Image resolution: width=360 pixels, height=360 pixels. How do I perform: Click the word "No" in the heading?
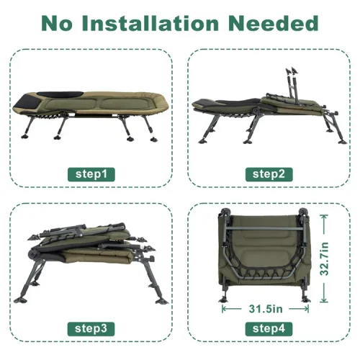tap(57, 23)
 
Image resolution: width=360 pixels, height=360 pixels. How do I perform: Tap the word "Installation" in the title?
tap(150, 23)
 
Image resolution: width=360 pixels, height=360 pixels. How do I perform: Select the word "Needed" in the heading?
tap(274, 23)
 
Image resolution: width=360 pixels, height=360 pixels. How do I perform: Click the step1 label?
tap(91, 174)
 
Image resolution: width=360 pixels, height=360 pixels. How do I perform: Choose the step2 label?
tap(269, 174)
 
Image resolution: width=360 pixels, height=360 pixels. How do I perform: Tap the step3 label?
tap(91, 329)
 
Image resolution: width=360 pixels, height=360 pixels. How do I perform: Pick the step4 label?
tap(269, 329)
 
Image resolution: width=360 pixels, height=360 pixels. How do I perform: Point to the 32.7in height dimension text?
tap(324, 258)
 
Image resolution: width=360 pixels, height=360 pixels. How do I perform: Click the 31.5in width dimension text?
tap(266, 309)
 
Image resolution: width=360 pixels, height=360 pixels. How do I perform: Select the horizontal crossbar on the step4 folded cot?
tap(264, 228)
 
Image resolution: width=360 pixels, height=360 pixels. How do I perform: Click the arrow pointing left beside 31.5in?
tap(232, 309)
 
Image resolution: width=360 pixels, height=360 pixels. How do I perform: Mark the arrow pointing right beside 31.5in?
tap(299, 309)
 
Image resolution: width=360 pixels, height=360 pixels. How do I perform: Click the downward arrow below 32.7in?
tap(324, 292)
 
